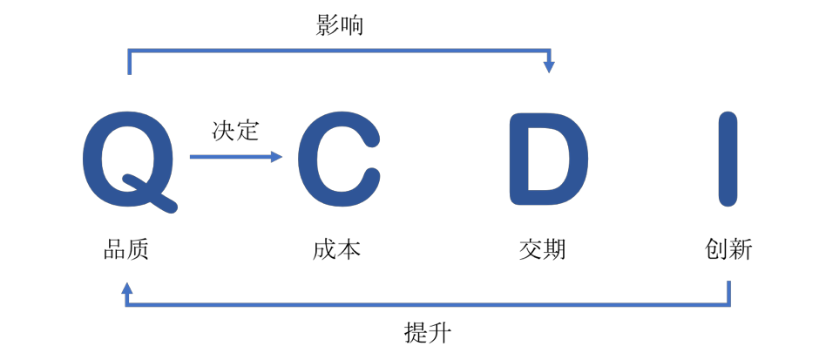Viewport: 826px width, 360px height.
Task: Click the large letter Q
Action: coord(129,160)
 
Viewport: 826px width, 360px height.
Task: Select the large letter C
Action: coord(339,160)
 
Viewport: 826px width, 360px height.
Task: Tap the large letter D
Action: coord(548,160)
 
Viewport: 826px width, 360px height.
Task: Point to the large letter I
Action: coord(728,160)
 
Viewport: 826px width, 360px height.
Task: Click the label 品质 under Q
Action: coord(125,249)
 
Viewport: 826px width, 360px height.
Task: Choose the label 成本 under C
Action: coord(336,249)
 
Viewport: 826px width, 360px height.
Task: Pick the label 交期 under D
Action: coord(542,249)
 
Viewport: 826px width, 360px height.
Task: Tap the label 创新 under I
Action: coord(728,249)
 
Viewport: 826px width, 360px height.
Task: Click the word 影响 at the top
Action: coord(340,24)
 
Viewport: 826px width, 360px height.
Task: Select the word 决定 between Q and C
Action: coord(235,130)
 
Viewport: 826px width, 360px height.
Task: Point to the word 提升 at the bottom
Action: coord(428,333)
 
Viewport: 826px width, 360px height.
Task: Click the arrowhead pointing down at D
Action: coord(550,67)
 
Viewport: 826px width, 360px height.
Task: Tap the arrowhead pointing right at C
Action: coord(277,157)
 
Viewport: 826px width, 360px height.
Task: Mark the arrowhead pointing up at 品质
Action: coord(126,289)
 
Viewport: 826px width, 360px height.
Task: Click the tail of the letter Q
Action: coord(150,194)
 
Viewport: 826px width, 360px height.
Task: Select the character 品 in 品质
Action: coord(114,249)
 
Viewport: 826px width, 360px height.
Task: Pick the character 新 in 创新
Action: coord(741,249)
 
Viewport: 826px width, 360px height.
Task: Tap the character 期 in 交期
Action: coord(555,249)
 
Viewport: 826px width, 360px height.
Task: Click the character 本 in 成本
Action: coord(349,249)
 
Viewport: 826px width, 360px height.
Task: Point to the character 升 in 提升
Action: coord(440,333)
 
